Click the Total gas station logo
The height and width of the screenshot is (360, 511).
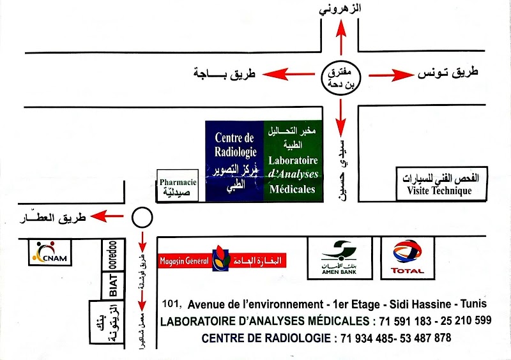407,257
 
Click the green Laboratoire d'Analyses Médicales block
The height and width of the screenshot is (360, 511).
293,160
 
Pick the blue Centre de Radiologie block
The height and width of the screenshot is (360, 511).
234,160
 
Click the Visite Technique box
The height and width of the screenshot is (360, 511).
443,184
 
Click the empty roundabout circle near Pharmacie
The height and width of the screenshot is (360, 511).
142,217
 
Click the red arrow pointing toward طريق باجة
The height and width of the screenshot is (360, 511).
291,75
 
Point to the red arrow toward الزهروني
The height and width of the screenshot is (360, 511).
340,38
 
